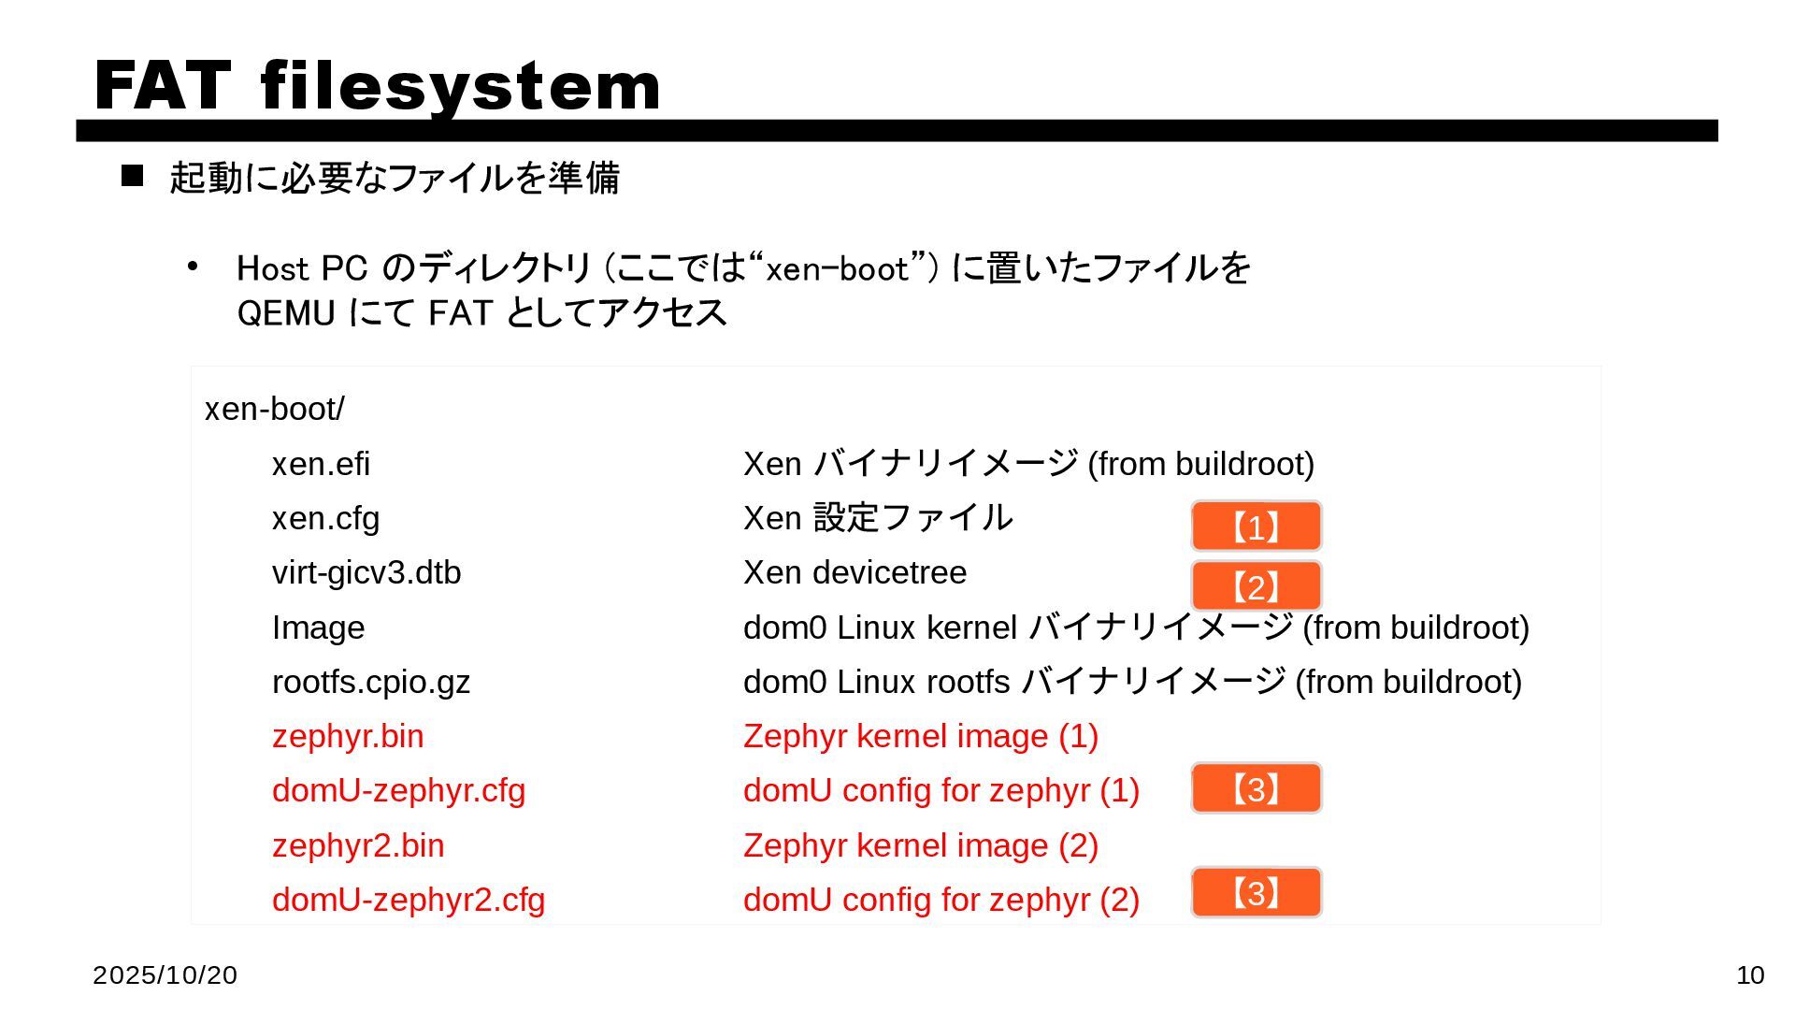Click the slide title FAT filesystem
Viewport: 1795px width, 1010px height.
[378, 85]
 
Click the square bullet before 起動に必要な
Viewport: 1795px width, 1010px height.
[133, 176]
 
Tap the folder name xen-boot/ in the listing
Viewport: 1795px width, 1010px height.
[274, 409]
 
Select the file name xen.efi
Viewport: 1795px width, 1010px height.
[321, 464]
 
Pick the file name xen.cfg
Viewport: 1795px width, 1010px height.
[325, 518]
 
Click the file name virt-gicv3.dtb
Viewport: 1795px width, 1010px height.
[366, 572]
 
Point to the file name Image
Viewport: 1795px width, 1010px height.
[318, 628]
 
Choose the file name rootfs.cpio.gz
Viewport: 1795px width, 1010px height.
[370, 682]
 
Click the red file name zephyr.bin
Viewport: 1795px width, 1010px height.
[348, 736]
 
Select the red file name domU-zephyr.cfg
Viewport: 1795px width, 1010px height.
[398, 790]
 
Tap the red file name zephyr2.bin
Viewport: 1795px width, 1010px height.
[358, 845]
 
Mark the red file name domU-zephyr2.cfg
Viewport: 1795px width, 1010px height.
[409, 900]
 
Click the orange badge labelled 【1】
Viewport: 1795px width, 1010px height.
[1256, 527]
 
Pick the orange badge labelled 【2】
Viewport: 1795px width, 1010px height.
[1256, 586]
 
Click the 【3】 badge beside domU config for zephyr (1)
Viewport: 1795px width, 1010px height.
[1256, 788]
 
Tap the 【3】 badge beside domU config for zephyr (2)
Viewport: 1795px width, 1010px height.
[1256, 892]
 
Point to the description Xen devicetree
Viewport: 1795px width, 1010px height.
[854, 572]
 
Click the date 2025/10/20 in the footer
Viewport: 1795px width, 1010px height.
[165, 975]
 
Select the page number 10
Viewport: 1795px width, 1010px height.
[1750, 975]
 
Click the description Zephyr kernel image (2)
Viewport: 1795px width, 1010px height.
[920, 845]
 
